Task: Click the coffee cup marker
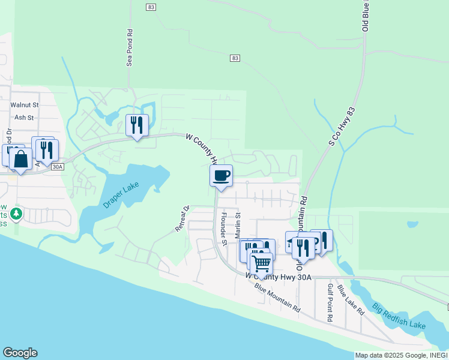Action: pyautogui.click(x=221, y=176)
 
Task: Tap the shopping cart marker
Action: pyautogui.click(x=261, y=263)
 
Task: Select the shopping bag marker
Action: pyautogui.click(x=21, y=160)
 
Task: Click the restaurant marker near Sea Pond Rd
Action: pyautogui.click(x=137, y=125)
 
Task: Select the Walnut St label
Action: pyautogui.click(x=25, y=104)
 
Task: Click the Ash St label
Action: pyautogui.click(x=25, y=118)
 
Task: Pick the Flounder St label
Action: pyautogui.click(x=223, y=229)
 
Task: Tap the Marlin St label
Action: pyautogui.click(x=238, y=223)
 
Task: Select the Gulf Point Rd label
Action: pyautogui.click(x=330, y=303)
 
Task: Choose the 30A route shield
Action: pyautogui.click(x=58, y=167)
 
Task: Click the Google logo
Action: pyautogui.click(x=20, y=353)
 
